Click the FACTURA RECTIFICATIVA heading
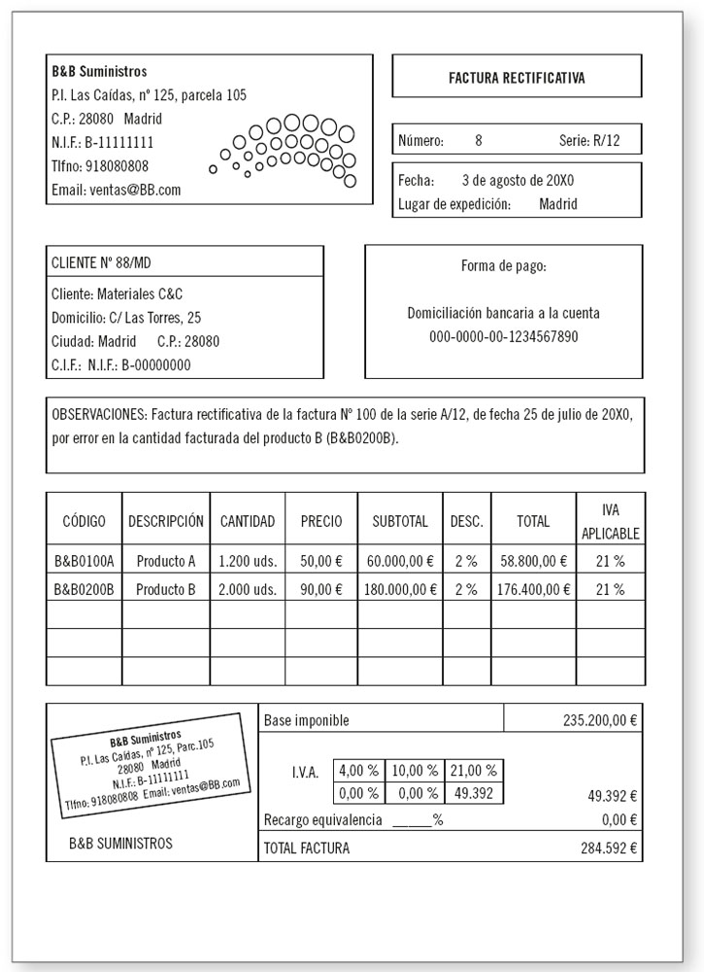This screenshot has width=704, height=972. [517, 77]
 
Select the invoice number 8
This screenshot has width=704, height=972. [478, 141]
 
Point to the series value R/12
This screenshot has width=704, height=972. [605, 141]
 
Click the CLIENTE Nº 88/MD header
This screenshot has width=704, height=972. [101, 262]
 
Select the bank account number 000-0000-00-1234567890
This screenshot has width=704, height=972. [503, 336]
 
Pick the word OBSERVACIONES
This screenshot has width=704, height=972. [99, 414]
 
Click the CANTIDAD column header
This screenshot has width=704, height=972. [248, 521]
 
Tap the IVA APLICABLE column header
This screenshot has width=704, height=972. [610, 521]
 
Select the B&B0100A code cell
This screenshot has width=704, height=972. [84, 561]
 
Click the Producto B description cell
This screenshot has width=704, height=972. [166, 589]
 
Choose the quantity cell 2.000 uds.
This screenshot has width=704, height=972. [248, 589]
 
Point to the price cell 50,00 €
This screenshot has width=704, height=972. [321, 561]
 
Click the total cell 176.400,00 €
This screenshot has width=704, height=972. [533, 589]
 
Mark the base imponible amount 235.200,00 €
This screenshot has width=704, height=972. [599, 721]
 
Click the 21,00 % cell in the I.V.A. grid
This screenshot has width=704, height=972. [474, 771]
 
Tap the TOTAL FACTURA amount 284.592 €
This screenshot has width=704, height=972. [609, 849]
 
